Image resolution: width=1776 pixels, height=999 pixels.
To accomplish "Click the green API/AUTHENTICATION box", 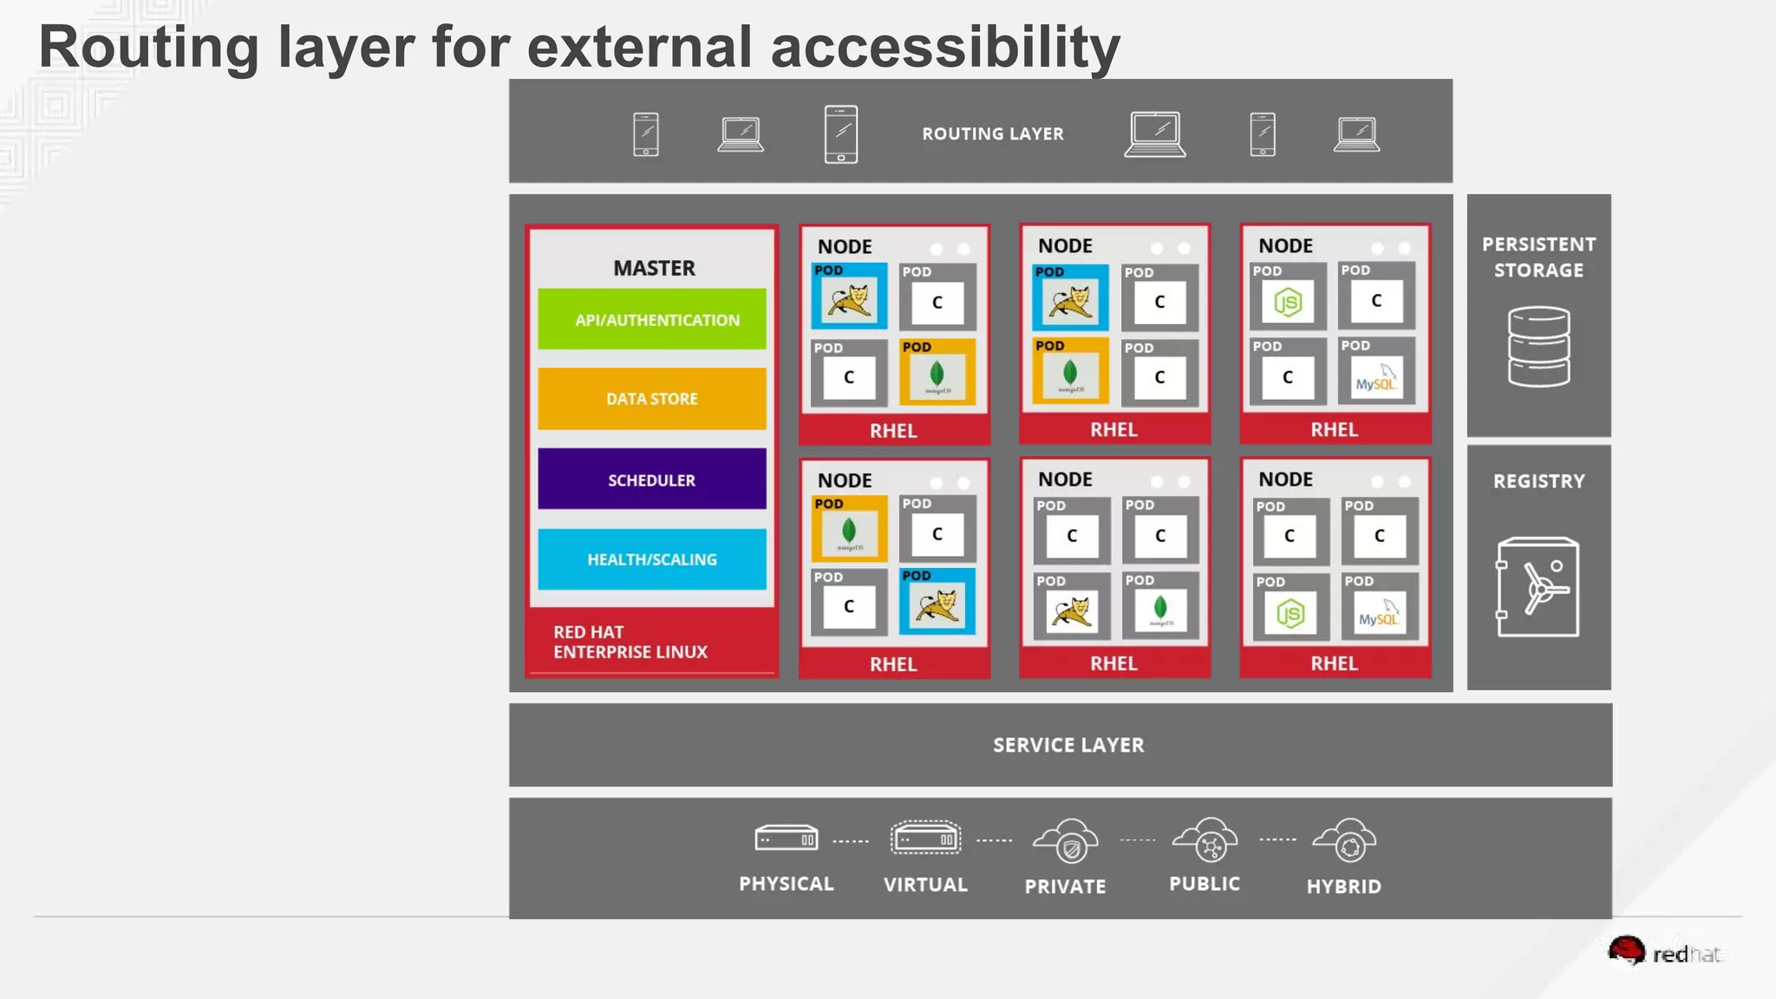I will [652, 319].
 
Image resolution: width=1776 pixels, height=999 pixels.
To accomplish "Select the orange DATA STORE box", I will [652, 399].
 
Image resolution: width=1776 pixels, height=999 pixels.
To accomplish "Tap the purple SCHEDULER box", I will [652, 480].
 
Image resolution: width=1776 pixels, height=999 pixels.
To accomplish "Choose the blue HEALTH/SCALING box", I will [652, 559].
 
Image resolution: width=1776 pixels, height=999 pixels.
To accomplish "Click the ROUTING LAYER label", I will [993, 134].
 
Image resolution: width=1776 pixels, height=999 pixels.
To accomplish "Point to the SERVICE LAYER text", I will [1068, 745].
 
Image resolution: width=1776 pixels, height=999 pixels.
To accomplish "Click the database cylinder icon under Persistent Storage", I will [1538, 346].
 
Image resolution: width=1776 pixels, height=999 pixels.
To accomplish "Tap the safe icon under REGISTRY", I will [1538, 587].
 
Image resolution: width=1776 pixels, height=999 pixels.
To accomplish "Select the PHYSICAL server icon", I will [786, 839].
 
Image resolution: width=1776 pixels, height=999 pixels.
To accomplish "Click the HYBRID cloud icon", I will [1345, 840].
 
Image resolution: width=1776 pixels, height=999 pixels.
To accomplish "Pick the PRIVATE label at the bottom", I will [1065, 886].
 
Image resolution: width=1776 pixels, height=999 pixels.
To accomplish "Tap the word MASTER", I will [654, 268].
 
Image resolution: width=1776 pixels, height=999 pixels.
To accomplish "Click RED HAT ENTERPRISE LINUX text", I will [630, 642].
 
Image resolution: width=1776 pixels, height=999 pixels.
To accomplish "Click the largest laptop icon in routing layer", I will [1155, 134].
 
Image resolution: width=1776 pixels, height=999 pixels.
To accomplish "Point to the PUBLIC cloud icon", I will [1205, 839].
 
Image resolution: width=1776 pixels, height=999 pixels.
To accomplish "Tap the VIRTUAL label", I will [925, 885].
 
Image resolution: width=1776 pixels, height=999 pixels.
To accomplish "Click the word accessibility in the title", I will [945, 47].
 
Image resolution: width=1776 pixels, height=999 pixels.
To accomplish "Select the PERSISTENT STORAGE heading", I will [1538, 257].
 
